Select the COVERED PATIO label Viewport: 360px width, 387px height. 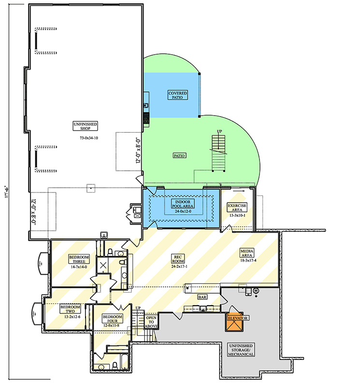pyautogui.click(x=177, y=95)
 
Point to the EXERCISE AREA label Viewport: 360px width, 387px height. pyautogui.click(x=237, y=208)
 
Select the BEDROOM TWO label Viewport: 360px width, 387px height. pyautogui.click(x=70, y=309)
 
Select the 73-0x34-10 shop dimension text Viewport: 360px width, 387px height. pyautogui.click(x=89, y=138)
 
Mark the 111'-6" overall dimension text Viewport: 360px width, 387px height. pyautogui.click(x=7, y=193)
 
